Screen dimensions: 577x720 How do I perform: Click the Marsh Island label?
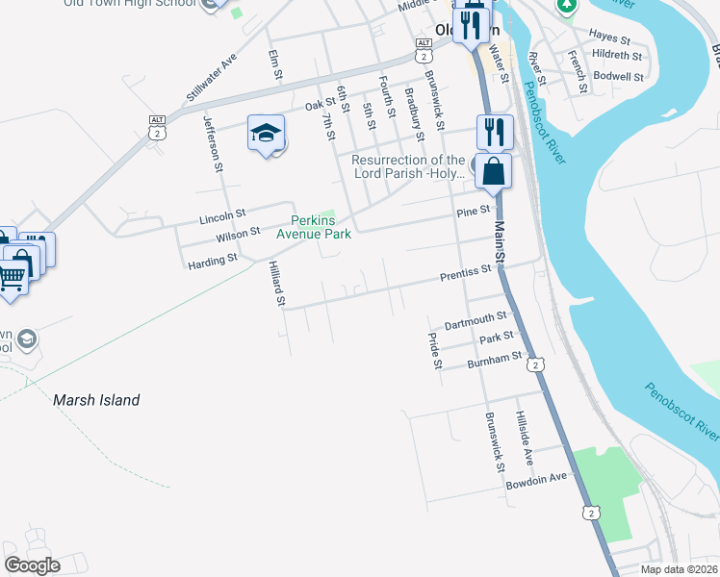pos(96,400)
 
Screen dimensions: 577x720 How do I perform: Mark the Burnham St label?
pos(494,361)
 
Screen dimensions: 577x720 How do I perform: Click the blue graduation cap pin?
pos(267,134)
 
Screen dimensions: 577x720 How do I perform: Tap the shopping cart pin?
pos(11,277)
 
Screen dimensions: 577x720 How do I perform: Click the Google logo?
pos(32,565)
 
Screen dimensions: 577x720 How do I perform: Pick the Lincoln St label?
pos(222,218)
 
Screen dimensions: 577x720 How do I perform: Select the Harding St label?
pos(212,261)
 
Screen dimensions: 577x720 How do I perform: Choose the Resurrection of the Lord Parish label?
pos(408,166)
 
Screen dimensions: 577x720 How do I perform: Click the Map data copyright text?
pos(679,569)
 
